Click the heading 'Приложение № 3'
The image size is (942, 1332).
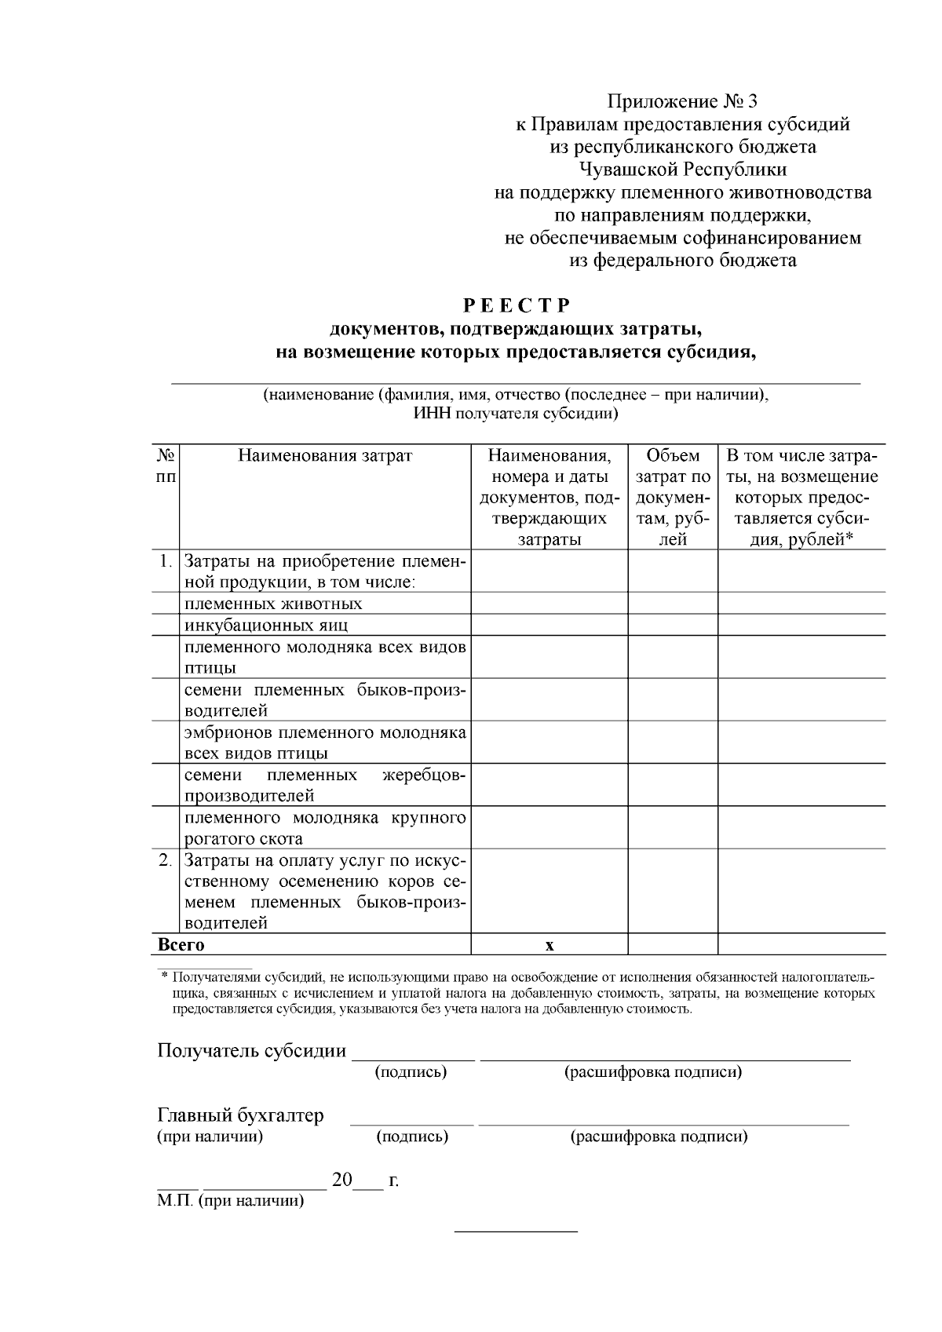(x=683, y=101)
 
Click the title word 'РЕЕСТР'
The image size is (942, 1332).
(x=516, y=305)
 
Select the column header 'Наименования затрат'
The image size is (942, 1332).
(x=325, y=455)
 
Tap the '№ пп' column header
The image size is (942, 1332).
(x=166, y=466)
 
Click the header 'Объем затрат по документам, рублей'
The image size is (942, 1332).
(x=673, y=497)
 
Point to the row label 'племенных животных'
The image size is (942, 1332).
(x=273, y=604)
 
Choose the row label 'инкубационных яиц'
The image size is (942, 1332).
(x=266, y=625)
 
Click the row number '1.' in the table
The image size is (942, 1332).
(x=165, y=561)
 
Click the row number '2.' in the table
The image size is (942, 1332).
(x=165, y=859)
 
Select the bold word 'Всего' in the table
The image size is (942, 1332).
(x=181, y=944)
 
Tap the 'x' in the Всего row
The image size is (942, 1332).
(x=549, y=945)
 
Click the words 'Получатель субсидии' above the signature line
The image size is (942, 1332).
(x=252, y=1050)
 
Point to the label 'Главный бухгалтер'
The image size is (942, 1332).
(x=240, y=1115)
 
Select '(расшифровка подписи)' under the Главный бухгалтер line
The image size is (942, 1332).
(x=658, y=1137)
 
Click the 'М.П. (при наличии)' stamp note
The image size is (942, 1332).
(x=230, y=1200)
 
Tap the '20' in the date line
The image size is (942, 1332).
(x=342, y=1180)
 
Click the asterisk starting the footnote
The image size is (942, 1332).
(x=164, y=977)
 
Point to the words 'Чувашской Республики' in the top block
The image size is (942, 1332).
(x=682, y=170)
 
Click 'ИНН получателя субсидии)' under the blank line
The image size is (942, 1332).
(x=516, y=414)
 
